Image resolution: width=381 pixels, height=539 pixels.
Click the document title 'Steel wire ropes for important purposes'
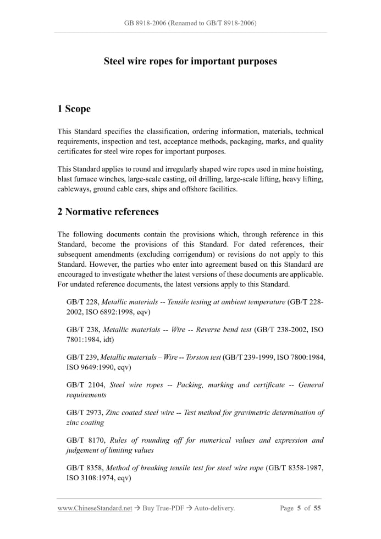click(190, 61)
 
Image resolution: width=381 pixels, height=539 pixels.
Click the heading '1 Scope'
click(74, 109)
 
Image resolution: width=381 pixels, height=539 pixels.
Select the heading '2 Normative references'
click(108, 212)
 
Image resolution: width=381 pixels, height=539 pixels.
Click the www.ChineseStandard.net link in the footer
click(95, 508)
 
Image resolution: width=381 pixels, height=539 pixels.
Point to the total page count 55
click(317, 508)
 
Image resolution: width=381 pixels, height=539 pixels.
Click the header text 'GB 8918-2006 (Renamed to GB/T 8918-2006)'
click(190, 23)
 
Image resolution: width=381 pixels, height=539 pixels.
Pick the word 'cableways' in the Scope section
click(74, 189)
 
